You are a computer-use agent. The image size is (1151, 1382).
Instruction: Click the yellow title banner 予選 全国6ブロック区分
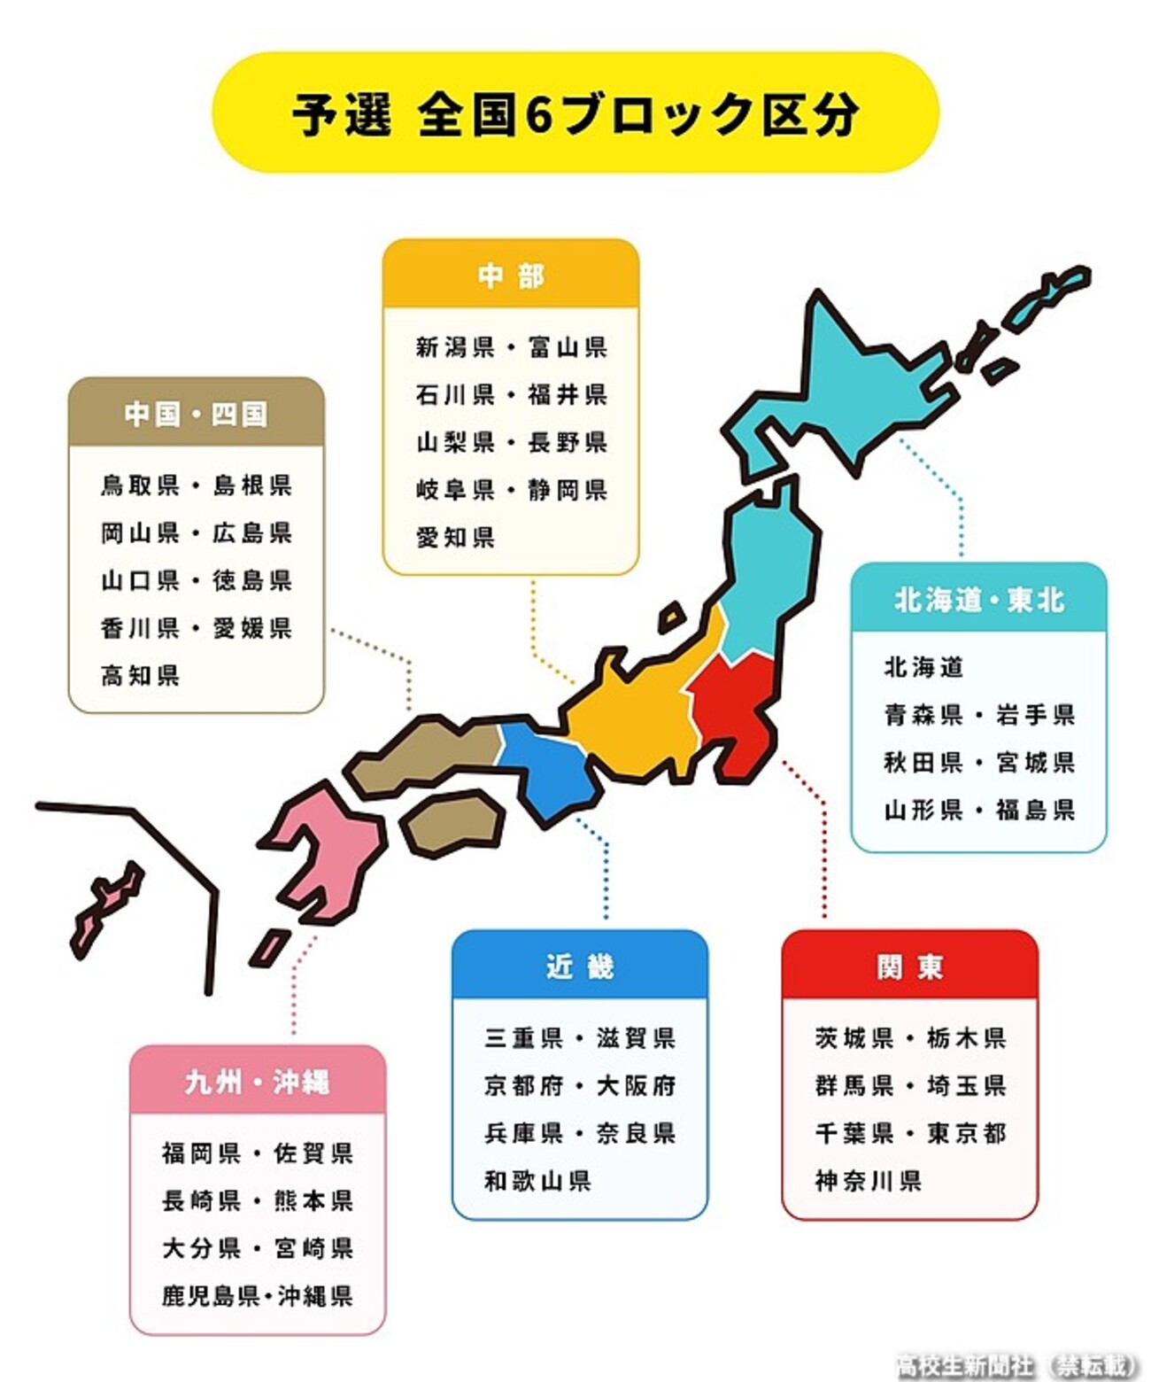pyautogui.click(x=575, y=113)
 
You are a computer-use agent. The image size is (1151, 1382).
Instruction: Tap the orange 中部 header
pyautogui.click(x=511, y=276)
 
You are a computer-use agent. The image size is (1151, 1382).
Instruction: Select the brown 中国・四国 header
pyautogui.click(x=196, y=413)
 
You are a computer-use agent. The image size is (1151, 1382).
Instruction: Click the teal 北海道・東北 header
pyautogui.click(x=978, y=600)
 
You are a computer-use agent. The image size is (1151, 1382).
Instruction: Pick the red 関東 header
pyautogui.click(x=909, y=966)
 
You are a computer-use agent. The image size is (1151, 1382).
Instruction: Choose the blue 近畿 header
pyautogui.click(x=580, y=966)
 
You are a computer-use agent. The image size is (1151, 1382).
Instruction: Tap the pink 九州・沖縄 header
pyautogui.click(x=257, y=1081)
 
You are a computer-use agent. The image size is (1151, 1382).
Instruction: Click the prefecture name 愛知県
pyautogui.click(x=455, y=537)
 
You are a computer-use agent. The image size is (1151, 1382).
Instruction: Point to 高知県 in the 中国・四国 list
pyautogui.click(x=140, y=675)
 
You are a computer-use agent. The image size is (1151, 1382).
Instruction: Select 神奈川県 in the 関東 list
pyautogui.click(x=868, y=1180)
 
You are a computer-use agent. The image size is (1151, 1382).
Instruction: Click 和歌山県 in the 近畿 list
pyautogui.click(x=537, y=1180)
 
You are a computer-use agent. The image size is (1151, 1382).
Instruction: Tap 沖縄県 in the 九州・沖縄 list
pyautogui.click(x=316, y=1295)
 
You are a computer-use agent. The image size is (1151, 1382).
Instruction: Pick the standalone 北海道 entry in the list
pyautogui.click(x=923, y=666)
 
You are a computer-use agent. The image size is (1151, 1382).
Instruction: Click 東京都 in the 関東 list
pyautogui.click(x=966, y=1132)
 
